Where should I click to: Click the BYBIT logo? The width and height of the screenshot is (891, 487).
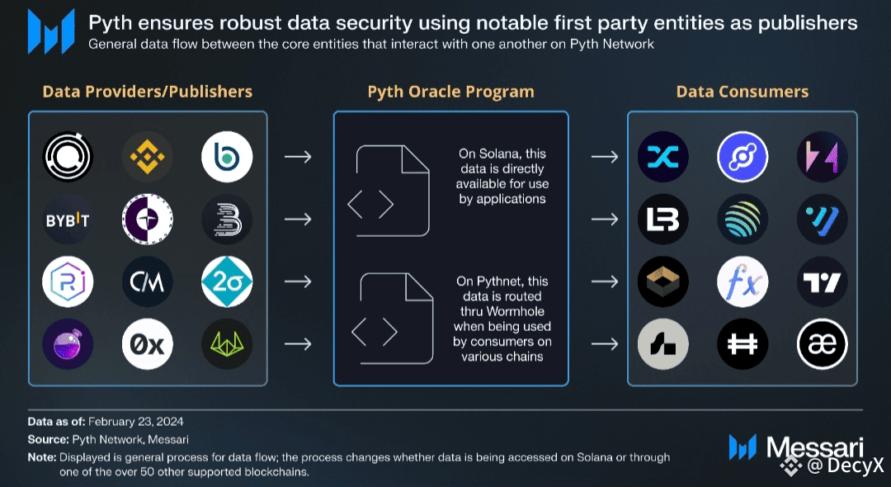click(x=68, y=220)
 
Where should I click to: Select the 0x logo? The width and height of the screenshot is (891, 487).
click(x=148, y=343)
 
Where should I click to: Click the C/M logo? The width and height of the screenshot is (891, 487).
click(x=148, y=282)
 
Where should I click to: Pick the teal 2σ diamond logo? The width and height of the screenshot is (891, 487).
click(x=226, y=282)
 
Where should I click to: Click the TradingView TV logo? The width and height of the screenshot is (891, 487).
click(x=823, y=282)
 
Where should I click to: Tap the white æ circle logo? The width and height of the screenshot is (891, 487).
click(x=823, y=344)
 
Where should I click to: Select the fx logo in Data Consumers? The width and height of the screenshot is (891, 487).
click(x=742, y=282)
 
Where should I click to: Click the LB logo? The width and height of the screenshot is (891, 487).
click(x=662, y=220)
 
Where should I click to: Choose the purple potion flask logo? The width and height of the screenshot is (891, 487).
click(x=68, y=343)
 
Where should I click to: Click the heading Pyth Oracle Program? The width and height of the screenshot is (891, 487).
click(x=450, y=92)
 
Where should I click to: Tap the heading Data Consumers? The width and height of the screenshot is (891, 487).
click(x=742, y=92)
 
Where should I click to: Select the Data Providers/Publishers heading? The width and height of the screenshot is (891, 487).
click(x=148, y=92)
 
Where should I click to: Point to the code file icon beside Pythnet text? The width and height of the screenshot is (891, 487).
click(x=393, y=319)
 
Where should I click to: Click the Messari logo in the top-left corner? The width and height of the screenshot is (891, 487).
click(x=51, y=31)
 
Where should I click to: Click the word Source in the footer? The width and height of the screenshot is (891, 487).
click(x=47, y=440)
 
